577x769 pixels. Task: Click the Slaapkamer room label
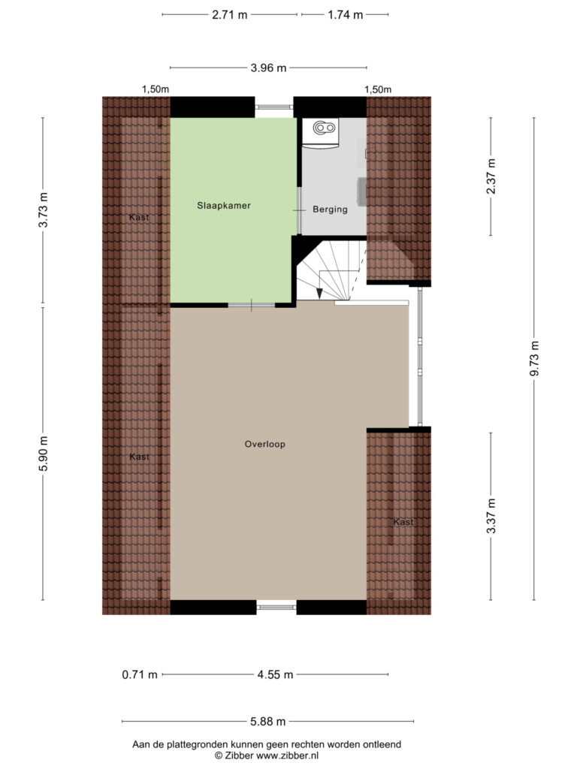tap(224, 206)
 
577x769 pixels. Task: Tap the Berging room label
tap(331, 210)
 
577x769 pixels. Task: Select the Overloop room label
tap(265, 445)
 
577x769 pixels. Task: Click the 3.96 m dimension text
tap(268, 68)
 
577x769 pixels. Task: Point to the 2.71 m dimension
tap(230, 15)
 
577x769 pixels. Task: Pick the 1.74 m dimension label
tap(346, 15)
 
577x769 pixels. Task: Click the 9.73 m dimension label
tap(534, 358)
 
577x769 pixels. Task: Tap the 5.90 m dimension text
tap(43, 454)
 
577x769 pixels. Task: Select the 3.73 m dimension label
tap(43, 210)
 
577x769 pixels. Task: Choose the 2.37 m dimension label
tap(491, 176)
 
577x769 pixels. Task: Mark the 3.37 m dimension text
tap(491, 516)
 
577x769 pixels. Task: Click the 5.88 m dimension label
tap(268, 722)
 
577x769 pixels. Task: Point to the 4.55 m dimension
tap(275, 675)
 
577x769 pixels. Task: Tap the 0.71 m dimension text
tap(140, 675)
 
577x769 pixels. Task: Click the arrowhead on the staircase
tap(319, 294)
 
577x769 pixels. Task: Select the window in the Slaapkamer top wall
tap(274, 107)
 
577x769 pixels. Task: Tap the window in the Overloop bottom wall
tap(276, 607)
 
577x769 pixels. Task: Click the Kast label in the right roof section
tap(403, 522)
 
